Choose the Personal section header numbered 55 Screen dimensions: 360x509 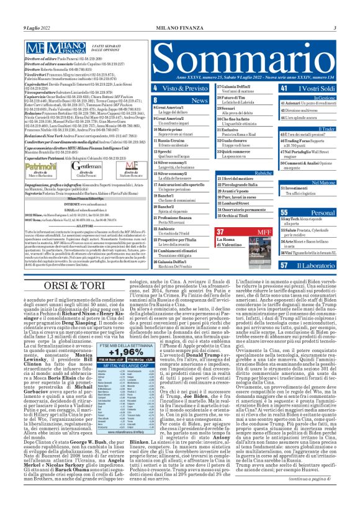[318, 212]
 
